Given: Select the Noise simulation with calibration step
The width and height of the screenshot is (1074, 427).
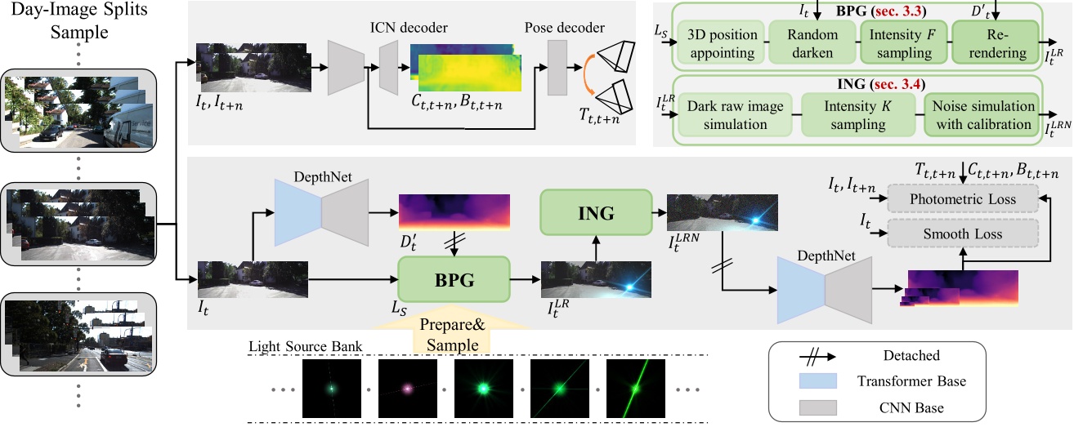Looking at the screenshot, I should click(980, 117).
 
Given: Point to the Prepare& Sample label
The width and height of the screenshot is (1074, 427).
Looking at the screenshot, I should click(453, 334).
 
